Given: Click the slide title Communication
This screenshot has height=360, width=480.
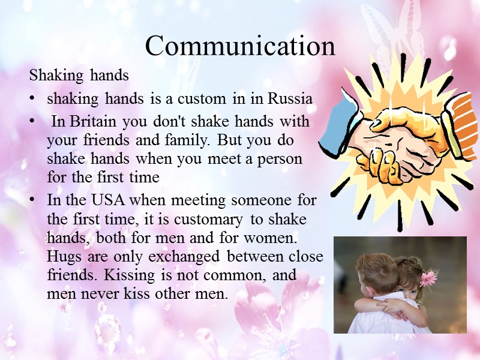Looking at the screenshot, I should click(240, 46).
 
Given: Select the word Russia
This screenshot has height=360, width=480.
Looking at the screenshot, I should click(290, 98).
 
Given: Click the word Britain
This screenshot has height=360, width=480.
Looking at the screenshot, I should click(89, 121).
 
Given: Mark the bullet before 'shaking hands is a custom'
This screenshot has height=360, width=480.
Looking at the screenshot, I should click(33, 99).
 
